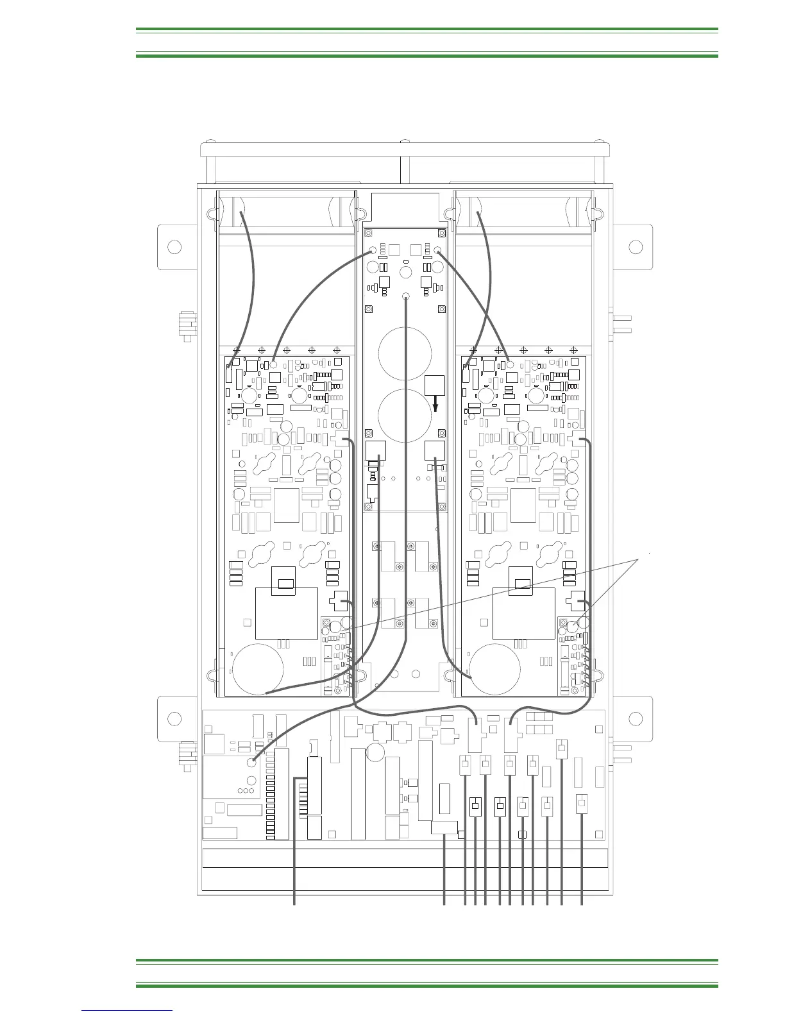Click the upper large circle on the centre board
[x=405, y=353]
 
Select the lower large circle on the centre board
[x=405, y=414]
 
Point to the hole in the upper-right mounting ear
[x=636, y=247]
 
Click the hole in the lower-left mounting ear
[x=173, y=718]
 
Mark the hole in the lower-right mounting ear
[x=636, y=718]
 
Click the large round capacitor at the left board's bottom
[x=258, y=668]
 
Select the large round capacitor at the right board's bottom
[x=495, y=668]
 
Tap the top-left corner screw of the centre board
[x=369, y=233]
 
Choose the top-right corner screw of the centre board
[x=441, y=233]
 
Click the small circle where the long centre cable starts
[x=405, y=297]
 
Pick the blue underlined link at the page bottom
[x=127, y=1010]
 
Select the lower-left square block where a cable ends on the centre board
[x=375, y=451]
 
